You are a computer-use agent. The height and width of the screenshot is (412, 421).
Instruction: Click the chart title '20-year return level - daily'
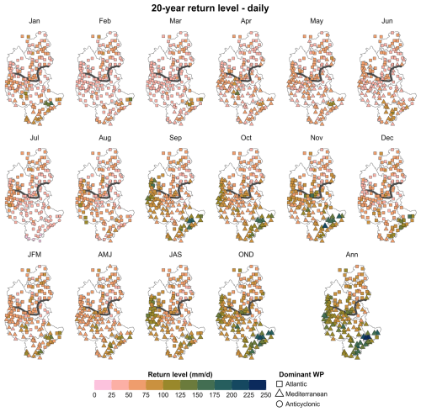point(210,8)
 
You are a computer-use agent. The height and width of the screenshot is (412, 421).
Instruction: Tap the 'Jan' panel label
point(35,21)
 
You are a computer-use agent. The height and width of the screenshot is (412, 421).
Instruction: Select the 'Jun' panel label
point(387,21)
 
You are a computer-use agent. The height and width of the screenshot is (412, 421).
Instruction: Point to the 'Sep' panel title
point(175,138)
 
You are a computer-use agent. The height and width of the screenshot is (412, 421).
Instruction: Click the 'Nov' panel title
point(317,138)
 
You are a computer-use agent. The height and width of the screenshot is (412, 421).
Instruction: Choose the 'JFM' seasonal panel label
point(35,255)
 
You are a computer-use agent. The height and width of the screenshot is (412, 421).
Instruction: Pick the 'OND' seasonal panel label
point(246,255)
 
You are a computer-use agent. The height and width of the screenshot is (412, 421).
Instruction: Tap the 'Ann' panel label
point(352,255)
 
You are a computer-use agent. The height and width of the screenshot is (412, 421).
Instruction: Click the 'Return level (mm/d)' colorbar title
point(180,374)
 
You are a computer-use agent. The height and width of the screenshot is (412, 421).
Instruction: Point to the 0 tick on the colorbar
point(94,395)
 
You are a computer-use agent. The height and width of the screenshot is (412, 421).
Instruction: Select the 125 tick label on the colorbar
point(180,395)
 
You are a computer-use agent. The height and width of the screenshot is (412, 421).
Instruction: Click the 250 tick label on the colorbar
point(266,395)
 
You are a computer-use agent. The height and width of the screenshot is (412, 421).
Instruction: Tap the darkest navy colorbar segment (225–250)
point(258,385)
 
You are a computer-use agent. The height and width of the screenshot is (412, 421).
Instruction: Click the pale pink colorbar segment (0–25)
point(103,385)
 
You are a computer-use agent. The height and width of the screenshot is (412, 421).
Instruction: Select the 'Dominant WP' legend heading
point(301,374)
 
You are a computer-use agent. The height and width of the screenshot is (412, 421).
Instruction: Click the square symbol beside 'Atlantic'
point(280,384)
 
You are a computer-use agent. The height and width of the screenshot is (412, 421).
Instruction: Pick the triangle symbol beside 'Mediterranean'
point(280,394)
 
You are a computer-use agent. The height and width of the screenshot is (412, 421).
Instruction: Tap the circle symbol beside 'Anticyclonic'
point(280,404)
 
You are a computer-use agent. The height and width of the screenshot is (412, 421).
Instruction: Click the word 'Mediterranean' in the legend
point(306,394)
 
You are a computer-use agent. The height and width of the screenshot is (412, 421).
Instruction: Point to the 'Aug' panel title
point(105,138)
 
